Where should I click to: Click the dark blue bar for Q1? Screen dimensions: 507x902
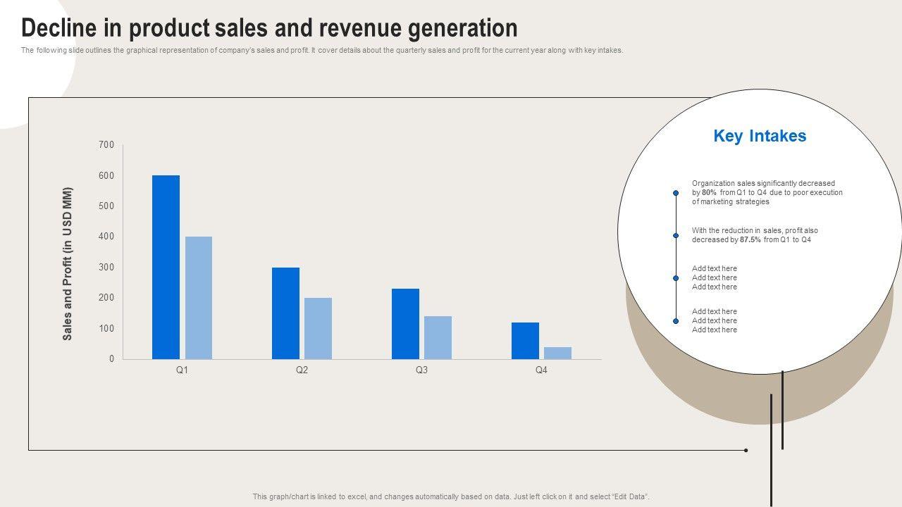(166, 268)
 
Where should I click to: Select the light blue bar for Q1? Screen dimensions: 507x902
(199, 298)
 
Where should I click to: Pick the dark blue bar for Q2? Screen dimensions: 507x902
(285, 313)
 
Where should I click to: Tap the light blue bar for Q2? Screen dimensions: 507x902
(318, 328)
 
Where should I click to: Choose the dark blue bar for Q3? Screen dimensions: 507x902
(405, 324)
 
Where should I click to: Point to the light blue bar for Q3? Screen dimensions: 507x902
(438, 338)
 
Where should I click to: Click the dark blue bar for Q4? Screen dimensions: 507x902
(525, 341)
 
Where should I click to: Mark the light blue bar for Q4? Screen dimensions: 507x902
(557, 353)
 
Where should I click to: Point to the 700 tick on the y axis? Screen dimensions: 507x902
(106, 145)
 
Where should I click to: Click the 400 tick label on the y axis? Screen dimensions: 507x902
(106, 237)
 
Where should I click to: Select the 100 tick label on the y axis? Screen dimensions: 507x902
(106, 329)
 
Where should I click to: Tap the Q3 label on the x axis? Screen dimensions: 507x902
(421, 370)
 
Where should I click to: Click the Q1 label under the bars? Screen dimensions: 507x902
(182, 370)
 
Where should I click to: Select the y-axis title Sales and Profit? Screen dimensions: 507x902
(68, 264)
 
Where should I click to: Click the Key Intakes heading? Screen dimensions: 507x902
(760, 136)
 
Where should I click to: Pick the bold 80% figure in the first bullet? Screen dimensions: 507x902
(709, 192)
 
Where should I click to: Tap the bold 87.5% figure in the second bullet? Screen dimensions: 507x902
(750, 239)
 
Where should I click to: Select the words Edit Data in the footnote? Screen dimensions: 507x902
(631, 496)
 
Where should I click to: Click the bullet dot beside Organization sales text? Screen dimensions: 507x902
(676, 193)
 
